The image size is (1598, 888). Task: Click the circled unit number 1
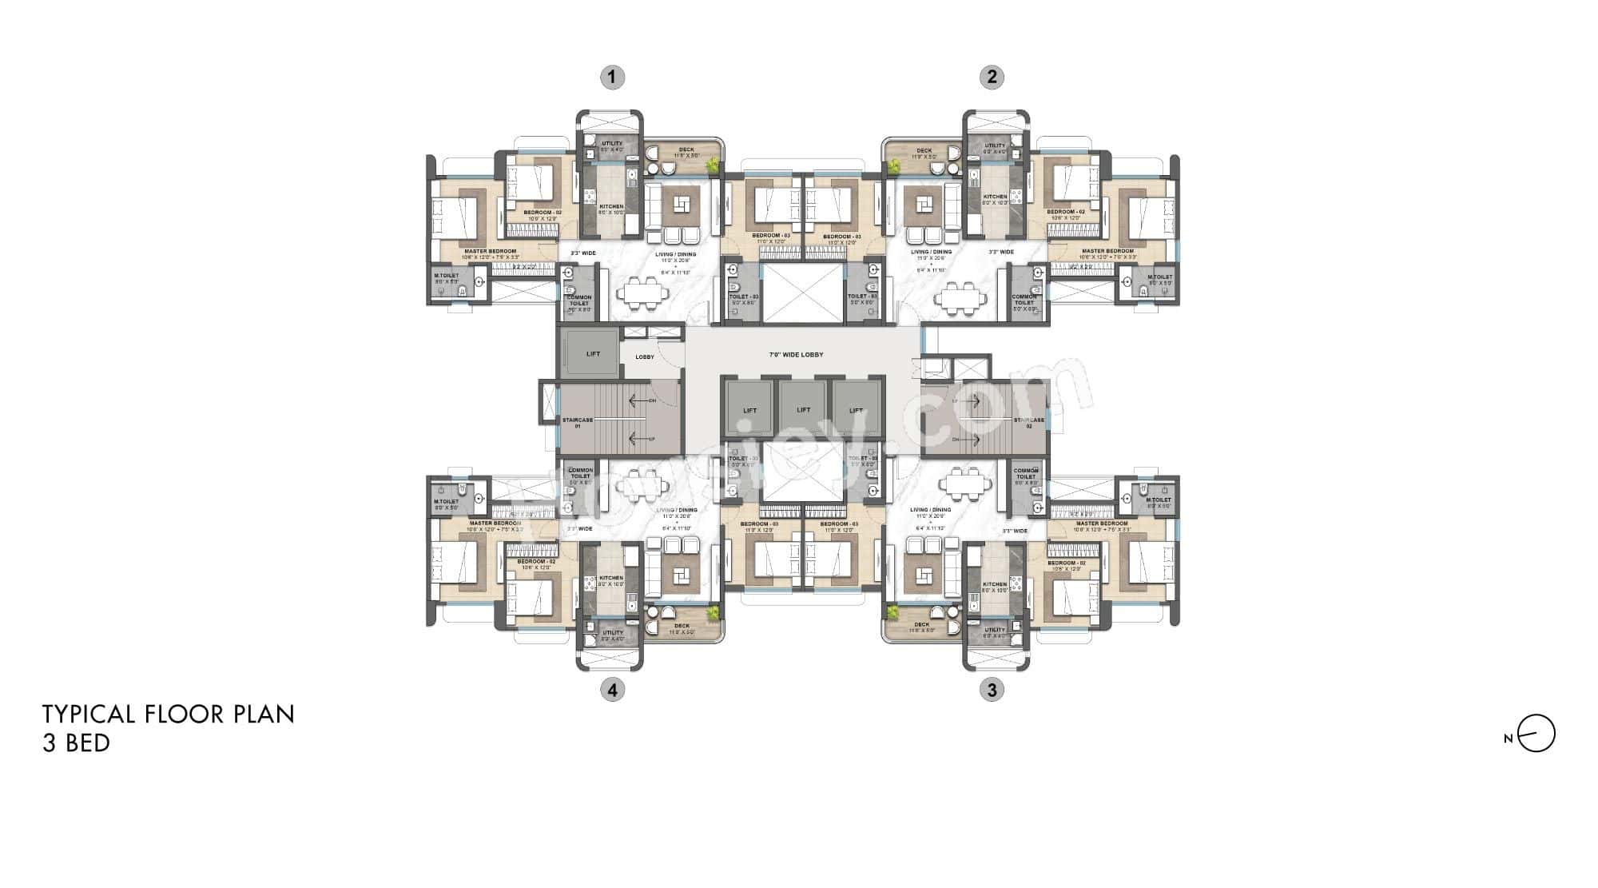click(x=612, y=78)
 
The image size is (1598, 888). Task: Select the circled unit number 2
click(x=992, y=78)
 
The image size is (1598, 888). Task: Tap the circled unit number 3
click(x=992, y=690)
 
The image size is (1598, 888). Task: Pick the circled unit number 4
click(x=612, y=690)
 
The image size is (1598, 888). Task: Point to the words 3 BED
click(x=76, y=743)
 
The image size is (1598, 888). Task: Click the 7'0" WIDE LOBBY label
click(x=795, y=354)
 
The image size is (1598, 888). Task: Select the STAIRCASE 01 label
click(x=577, y=423)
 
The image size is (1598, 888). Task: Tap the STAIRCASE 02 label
click(x=1028, y=423)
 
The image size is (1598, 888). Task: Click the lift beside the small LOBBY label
click(x=592, y=353)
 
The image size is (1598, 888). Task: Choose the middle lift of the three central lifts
click(x=803, y=409)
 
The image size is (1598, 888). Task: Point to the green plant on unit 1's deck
click(x=711, y=165)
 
